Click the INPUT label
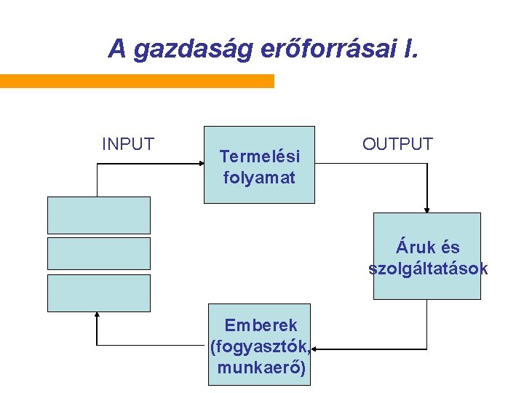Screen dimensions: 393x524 128,144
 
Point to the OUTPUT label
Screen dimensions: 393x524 397,144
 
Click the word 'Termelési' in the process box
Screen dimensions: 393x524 259,156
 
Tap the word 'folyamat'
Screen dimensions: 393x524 259,177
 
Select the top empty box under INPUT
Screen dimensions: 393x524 99,215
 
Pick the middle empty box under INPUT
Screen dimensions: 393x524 99,253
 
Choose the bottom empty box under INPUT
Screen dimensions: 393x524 99,293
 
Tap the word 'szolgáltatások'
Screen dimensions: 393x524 428,269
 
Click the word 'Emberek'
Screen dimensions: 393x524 260,325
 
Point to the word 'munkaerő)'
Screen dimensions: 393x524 261,368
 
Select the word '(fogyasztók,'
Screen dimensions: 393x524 260,346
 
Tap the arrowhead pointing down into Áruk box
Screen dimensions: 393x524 427,209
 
